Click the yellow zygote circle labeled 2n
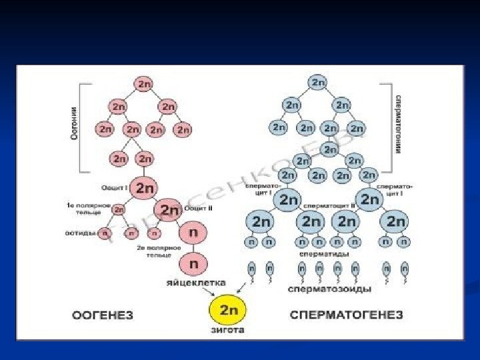coord(228,310)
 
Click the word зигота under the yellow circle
coord(228,330)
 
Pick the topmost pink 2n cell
coord(144,84)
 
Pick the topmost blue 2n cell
coord(317,83)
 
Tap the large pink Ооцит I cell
coord(144,188)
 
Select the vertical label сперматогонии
coord(398,124)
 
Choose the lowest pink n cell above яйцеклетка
coord(193,263)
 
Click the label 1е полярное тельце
coord(83,207)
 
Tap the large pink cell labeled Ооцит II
coord(170,210)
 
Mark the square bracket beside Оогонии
coord(83,127)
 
